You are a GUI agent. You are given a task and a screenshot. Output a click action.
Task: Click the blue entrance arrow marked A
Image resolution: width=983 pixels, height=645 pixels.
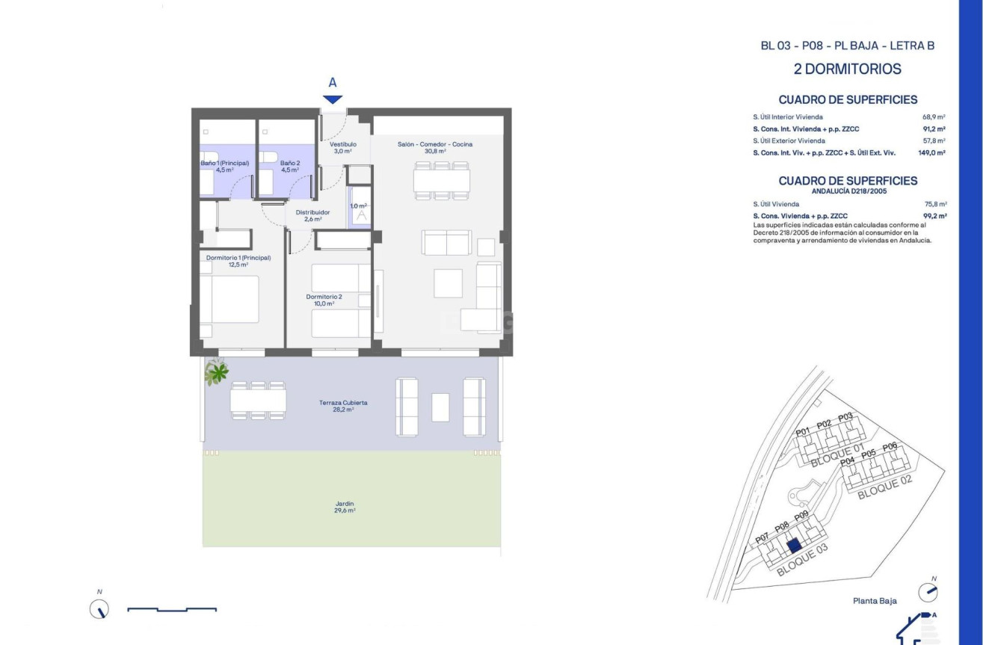(333, 99)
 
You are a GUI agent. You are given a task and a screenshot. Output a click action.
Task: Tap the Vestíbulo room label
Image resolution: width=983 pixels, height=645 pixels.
(342, 147)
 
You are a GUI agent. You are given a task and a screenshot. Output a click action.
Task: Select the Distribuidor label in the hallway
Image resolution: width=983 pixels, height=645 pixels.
(312, 215)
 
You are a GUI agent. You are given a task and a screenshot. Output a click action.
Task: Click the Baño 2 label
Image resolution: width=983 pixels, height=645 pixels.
(289, 166)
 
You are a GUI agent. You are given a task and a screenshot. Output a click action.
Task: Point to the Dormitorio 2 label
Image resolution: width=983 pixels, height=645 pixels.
(324, 300)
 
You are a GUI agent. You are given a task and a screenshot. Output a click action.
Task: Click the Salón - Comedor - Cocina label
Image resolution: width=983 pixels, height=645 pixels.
(435, 147)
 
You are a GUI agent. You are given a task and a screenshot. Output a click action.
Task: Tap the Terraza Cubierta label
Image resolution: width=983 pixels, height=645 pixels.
(343, 406)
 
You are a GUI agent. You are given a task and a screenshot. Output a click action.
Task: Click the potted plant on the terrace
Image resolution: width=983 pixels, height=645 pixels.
(217, 371)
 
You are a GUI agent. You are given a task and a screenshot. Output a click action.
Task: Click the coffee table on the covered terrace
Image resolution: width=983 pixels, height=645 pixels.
(440, 407)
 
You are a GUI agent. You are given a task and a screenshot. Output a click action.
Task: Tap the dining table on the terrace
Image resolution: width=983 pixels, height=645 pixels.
(258, 402)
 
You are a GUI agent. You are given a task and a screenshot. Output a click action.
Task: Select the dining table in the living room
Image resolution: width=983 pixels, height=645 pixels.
(443, 180)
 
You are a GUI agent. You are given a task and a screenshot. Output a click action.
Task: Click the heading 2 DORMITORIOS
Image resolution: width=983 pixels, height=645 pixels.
(847, 70)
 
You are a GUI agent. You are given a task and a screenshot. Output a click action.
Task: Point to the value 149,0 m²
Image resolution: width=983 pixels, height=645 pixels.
(931, 152)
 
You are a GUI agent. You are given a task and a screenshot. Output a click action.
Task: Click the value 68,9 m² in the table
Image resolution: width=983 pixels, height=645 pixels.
(934, 117)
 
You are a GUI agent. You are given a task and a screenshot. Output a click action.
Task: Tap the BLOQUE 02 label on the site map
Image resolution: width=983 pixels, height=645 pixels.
(885, 487)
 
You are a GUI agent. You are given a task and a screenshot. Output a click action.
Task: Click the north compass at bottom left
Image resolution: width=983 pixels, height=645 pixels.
(99, 609)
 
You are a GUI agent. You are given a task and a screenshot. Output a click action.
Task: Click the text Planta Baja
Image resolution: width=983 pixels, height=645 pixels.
(875, 601)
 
